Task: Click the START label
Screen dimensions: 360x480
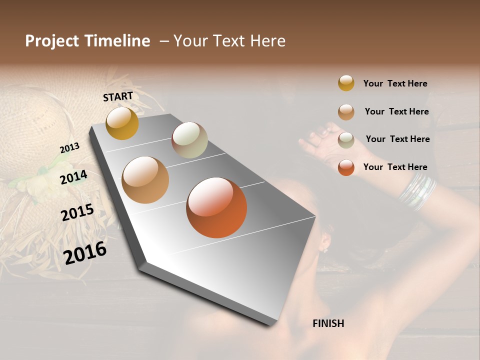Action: (x=118, y=96)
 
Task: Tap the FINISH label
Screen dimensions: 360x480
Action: (x=328, y=323)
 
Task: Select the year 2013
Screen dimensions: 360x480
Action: (x=69, y=148)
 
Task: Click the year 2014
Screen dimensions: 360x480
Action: (x=74, y=177)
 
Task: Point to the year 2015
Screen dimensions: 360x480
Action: (x=77, y=212)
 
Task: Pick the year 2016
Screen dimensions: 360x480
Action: (x=85, y=252)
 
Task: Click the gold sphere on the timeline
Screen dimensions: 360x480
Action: (x=122, y=123)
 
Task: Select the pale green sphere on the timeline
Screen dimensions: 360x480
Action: (x=189, y=140)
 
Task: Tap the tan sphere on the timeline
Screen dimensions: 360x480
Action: (x=145, y=180)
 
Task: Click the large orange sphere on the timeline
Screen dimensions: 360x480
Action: (x=216, y=207)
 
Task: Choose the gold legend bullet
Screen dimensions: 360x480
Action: (x=346, y=83)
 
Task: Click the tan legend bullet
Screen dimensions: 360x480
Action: (x=346, y=112)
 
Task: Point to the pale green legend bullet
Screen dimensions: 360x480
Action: (x=346, y=140)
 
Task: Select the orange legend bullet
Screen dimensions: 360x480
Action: (x=346, y=167)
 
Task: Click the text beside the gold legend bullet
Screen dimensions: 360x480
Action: (x=395, y=83)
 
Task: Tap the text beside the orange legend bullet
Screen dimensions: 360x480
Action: (x=395, y=167)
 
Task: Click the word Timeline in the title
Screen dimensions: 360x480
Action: (x=117, y=41)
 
